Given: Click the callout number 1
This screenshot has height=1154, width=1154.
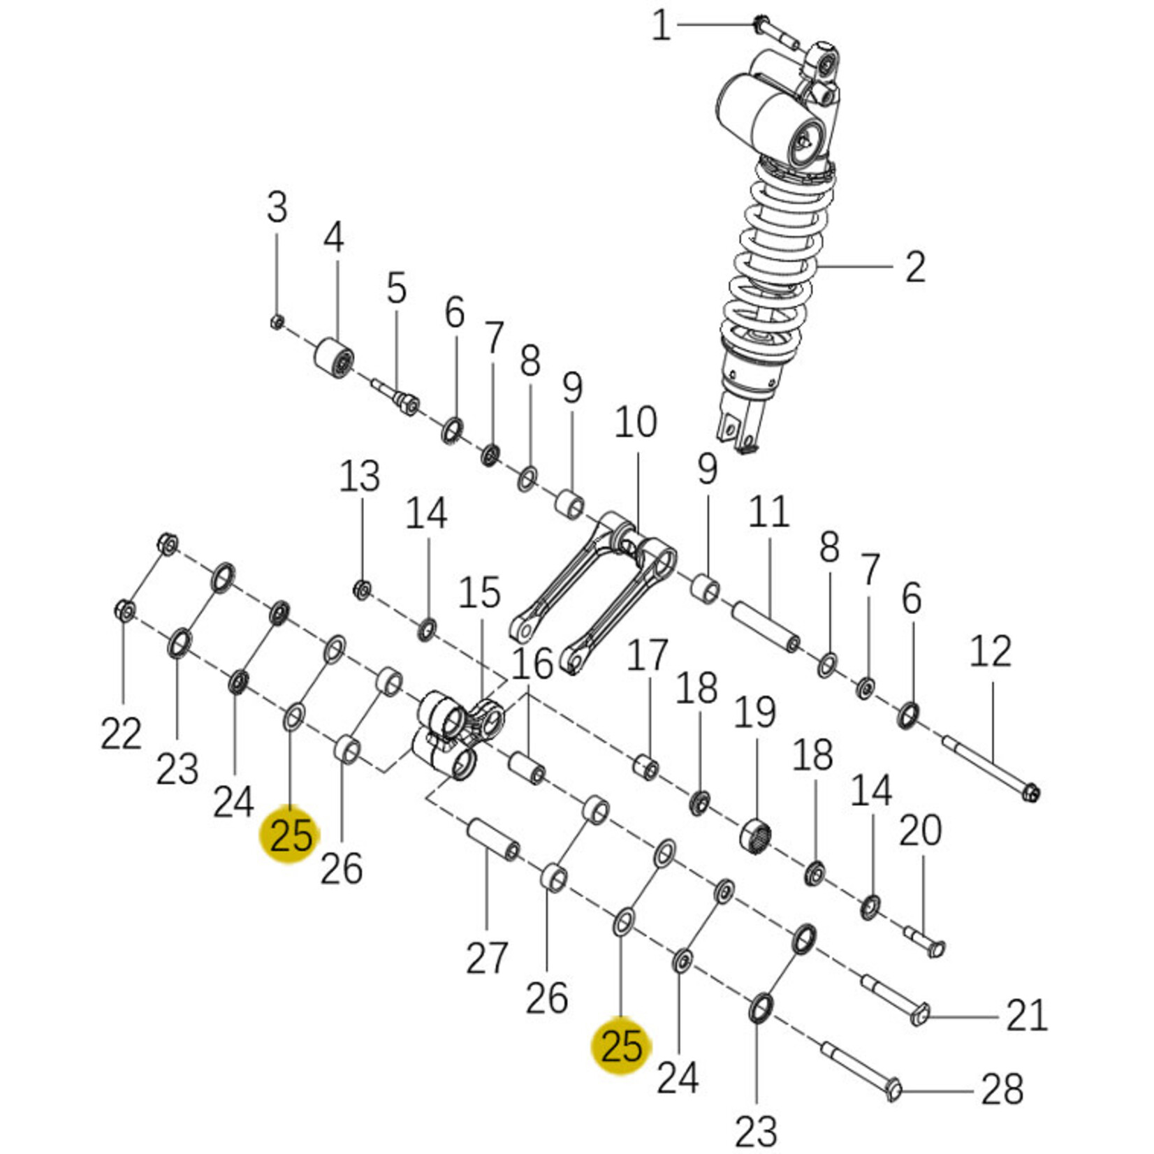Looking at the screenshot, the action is (661, 26).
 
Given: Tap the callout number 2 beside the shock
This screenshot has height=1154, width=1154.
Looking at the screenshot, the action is (915, 267).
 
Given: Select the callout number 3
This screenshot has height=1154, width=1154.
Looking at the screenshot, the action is (277, 207).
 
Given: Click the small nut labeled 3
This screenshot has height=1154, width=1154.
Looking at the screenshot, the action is (276, 322).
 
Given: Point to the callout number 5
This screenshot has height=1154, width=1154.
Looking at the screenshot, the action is (397, 288).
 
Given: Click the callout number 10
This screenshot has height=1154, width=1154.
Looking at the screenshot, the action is (636, 423).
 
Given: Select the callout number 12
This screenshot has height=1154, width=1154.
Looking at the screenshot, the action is (991, 652).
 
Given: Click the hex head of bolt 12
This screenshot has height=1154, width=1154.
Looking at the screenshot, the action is (1030, 793).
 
